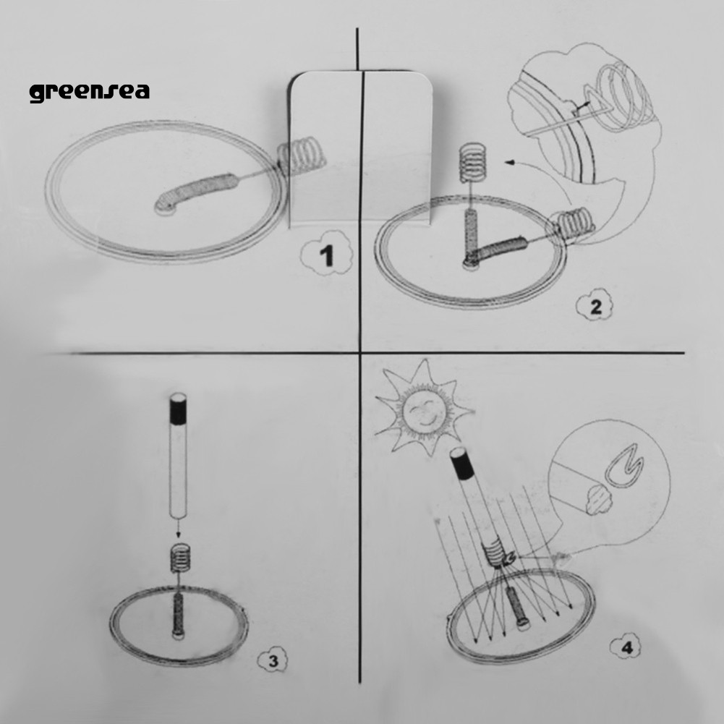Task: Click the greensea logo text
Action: [90, 92]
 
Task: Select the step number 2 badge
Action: [595, 307]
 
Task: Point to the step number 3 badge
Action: [273, 660]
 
